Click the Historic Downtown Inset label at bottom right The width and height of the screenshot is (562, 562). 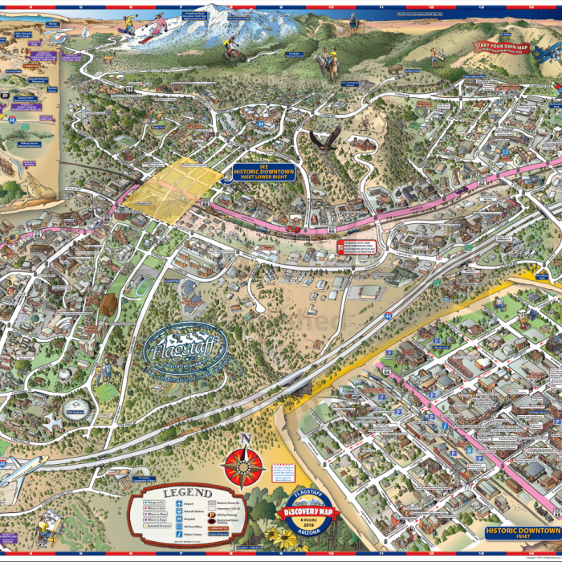521,531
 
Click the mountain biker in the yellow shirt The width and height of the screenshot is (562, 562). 234,52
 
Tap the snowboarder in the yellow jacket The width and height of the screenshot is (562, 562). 129,26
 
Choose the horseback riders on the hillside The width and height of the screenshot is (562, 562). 327,64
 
